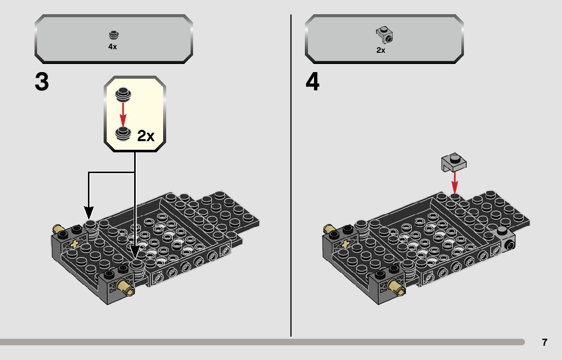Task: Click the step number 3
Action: click(42, 82)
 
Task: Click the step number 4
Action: click(313, 82)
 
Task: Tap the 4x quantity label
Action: click(112, 47)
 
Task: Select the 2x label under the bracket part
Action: click(381, 50)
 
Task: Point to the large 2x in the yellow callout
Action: click(146, 136)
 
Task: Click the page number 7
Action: click(544, 342)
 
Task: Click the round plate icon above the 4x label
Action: click(113, 35)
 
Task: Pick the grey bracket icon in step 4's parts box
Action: click(385, 35)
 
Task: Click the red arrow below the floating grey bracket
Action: click(455, 182)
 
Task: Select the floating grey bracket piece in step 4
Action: click(454, 162)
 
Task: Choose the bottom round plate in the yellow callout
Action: click(122, 133)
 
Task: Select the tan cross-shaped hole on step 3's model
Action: click(76, 244)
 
